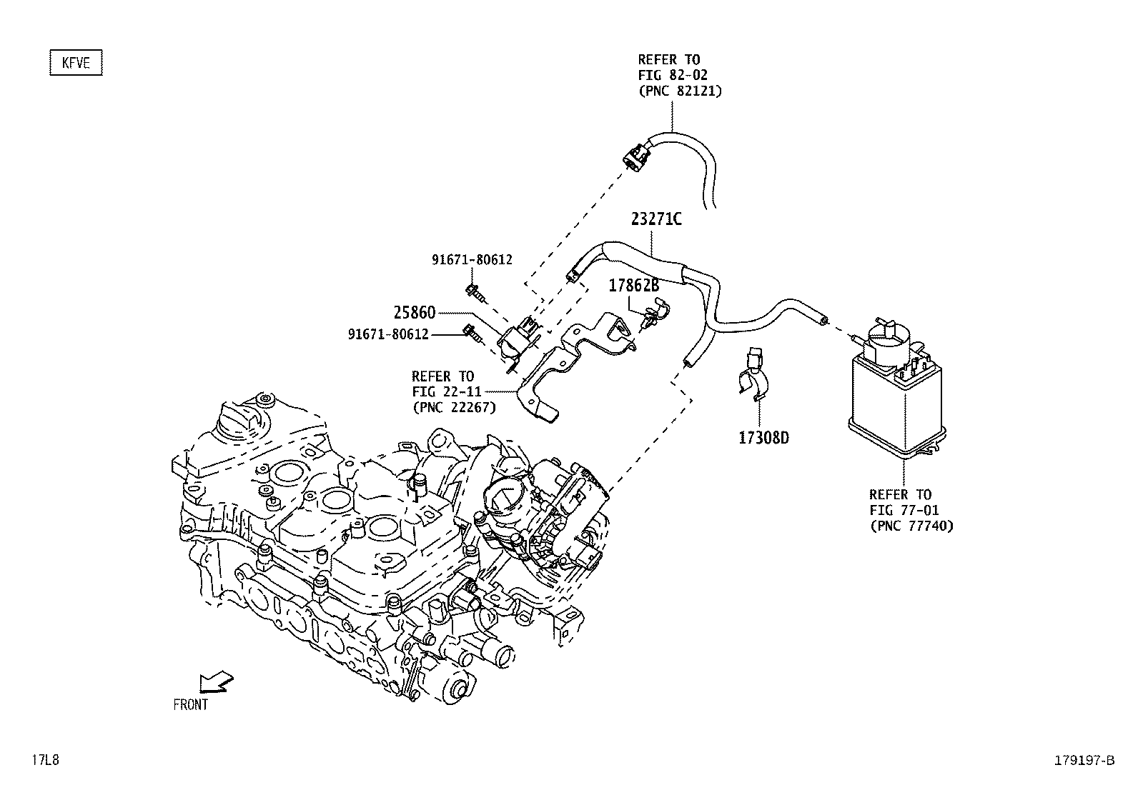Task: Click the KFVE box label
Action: tap(76, 63)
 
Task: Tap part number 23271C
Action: tap(655, 219)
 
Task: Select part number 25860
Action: tap(414, 313)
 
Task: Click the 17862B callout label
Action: tap(633, 286)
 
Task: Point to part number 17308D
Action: tap(763, 438)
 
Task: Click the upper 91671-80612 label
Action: tap(472, 260)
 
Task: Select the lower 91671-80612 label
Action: tap(388, 334)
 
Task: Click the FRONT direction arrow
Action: tap(215, 682)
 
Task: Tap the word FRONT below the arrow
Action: tap(190, 705)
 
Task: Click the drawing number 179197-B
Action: tap(1083, 761)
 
